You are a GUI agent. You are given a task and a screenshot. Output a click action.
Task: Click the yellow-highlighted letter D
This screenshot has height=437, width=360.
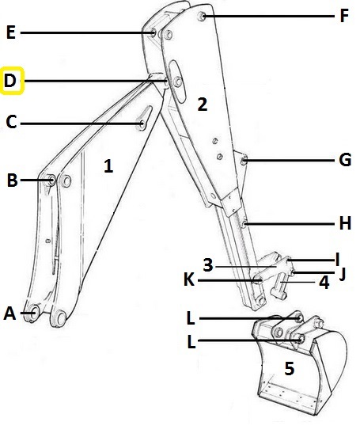pos(10,81)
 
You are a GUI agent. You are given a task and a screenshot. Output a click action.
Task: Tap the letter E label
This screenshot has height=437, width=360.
pos(10,32)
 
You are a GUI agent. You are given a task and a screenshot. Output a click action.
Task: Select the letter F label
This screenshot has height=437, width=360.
pos(344,16)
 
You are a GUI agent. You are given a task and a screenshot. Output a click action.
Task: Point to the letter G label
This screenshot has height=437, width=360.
pos(345,160)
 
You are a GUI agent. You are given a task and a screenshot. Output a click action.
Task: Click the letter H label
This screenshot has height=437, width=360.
pos(345,223)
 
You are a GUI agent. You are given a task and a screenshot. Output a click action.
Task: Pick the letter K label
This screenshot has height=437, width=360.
pos(189,279)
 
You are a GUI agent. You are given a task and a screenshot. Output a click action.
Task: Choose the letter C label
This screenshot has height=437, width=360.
pos(11,122)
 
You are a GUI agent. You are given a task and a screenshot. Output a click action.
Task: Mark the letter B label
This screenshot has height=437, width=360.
pos(12,180)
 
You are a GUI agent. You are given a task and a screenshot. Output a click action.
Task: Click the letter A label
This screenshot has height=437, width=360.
pos(9,313)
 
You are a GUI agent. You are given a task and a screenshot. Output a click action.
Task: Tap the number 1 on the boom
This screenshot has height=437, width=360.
pos(108,165)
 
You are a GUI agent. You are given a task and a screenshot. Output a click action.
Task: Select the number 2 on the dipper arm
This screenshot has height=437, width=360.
pos(203,104)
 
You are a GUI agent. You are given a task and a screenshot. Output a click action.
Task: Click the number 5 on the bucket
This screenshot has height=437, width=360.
pos(290,368)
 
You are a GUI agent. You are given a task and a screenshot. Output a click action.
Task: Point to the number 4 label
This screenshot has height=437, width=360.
pos(324,283)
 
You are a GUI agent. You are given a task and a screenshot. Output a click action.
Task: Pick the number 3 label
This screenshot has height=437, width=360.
pos(208,265)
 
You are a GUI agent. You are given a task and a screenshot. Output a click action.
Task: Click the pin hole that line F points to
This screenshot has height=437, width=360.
pos(202,16)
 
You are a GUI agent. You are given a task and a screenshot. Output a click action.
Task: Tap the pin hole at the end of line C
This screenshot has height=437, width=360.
pos(142,124)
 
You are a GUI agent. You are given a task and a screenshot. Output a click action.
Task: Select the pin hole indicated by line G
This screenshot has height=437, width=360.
pos(244,160)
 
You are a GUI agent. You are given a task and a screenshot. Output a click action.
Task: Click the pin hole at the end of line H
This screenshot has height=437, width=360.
pos(244,223)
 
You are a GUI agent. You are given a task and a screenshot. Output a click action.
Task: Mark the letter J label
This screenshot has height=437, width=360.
pos(343,274)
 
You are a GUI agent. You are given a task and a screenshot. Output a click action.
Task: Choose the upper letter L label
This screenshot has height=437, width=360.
pos(191,318)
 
